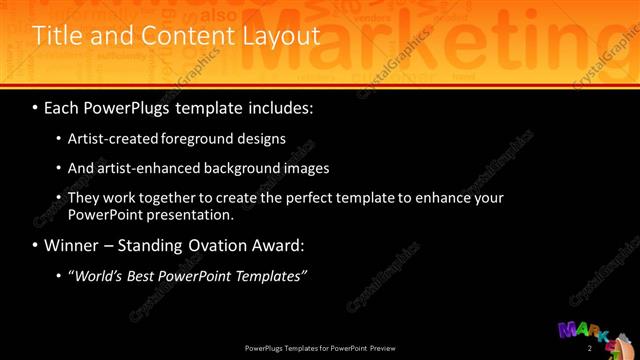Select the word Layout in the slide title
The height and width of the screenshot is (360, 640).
point(282,36)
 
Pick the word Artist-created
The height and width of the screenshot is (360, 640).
point(113,138)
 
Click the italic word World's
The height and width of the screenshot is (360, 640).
point(100,275)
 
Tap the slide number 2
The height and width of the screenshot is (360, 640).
point(589,348)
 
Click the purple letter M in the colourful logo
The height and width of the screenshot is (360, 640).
point(567,331)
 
